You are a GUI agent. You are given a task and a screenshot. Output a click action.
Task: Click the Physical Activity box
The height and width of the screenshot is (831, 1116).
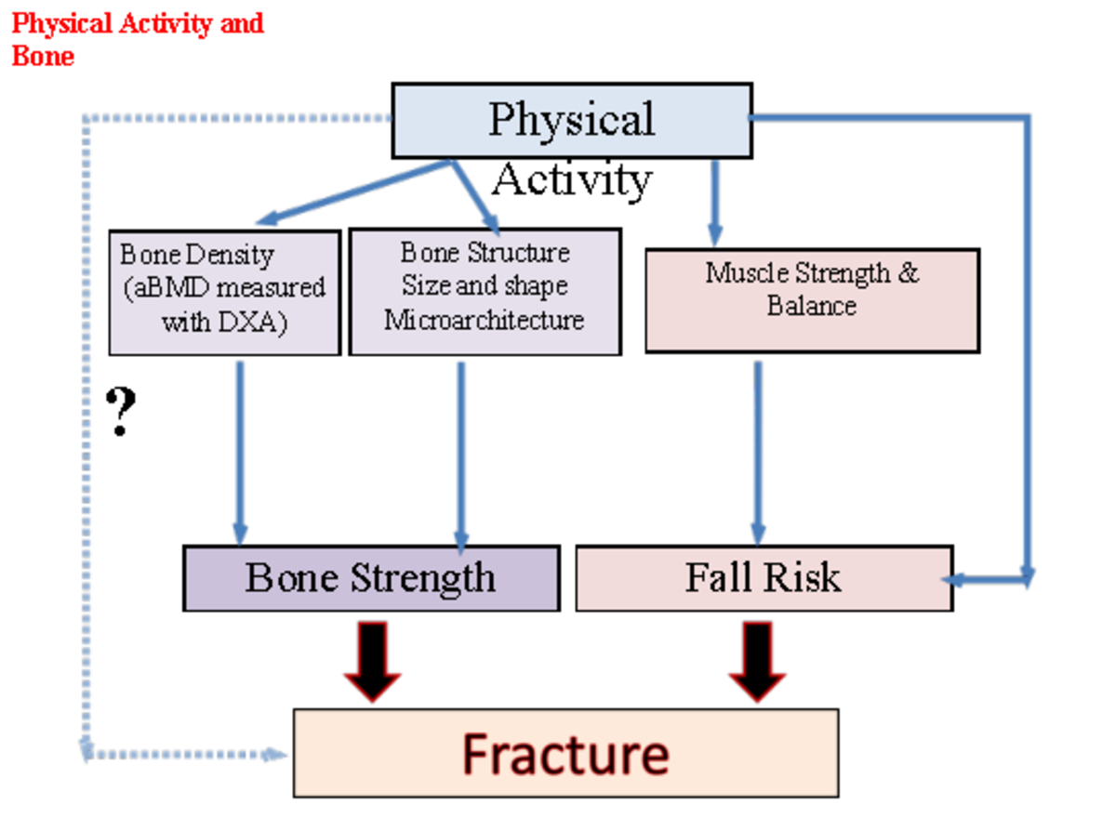[571, 121]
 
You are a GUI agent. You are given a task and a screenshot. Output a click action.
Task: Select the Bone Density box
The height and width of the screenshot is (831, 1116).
[224, 292]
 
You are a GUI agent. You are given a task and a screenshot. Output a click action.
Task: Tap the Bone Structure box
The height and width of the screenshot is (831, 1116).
[485, 292]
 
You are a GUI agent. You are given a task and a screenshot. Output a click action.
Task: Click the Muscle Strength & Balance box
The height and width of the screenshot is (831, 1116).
[812, 300]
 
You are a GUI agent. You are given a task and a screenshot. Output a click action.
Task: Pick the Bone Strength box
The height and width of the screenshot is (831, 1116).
[371, 578]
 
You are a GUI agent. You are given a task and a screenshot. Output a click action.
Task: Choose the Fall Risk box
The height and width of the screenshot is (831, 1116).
[764, 578]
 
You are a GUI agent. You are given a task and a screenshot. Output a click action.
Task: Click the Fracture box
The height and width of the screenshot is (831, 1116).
[565, 753]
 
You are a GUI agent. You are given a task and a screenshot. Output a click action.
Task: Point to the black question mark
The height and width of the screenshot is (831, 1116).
[121, 413]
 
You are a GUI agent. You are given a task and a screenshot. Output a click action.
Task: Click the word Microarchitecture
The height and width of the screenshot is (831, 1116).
[485, 321]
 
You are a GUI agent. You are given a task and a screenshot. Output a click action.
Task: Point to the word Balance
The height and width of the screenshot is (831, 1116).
[812, 306]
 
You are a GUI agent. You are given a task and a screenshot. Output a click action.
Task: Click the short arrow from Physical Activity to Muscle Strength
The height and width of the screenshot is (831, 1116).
[714, 200]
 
